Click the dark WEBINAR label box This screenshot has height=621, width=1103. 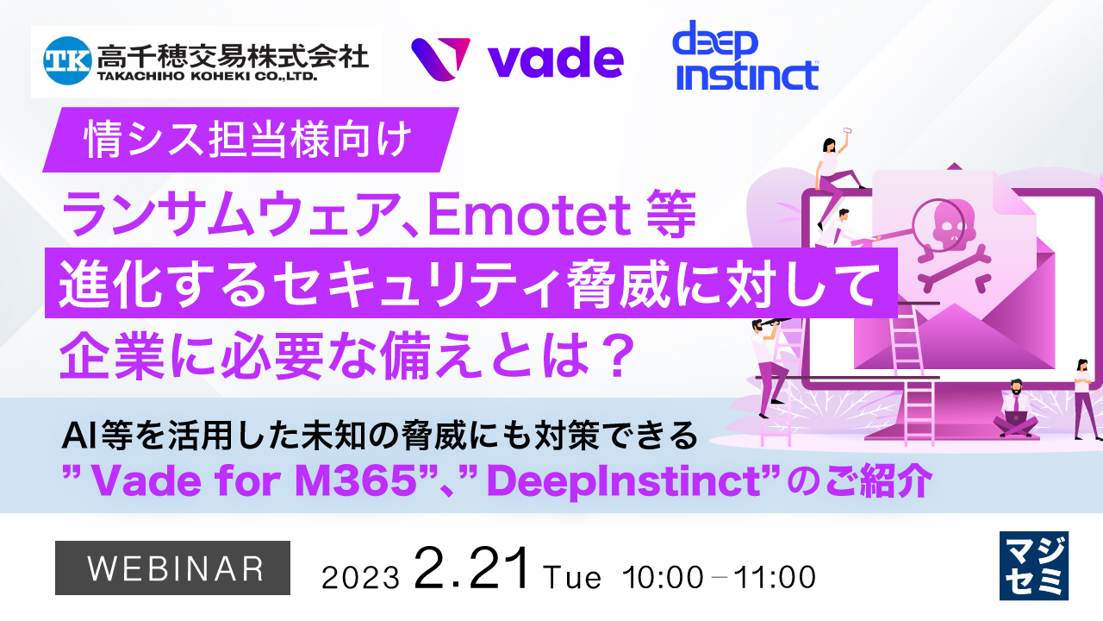pos(173,569)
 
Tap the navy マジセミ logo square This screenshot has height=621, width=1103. pos(1033,566)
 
